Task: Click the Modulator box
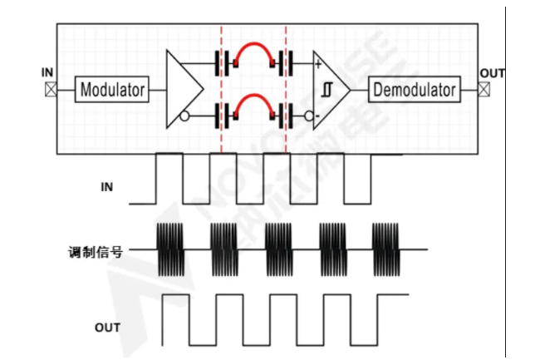click(x=112, y=89)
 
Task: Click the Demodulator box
click(x=414, y=89)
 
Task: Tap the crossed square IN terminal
click(x=50, y=89)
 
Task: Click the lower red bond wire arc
click(x=254, y=99)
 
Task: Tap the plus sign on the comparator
click(x=318, y=64)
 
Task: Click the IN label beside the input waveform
click(x=106, y=187)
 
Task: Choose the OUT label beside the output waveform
click(x=108, y=328)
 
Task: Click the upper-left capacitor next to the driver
click(x=222, y=62)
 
